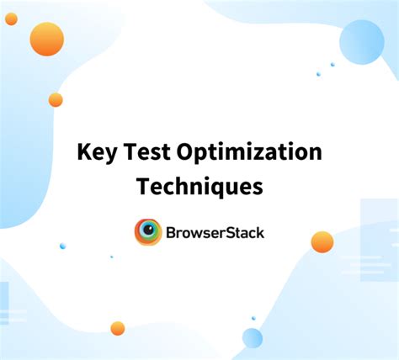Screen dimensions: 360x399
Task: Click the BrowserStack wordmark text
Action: click(215, 231)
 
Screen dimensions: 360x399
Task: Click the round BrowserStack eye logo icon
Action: click(148, 231)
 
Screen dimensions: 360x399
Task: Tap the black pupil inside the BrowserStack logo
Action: click(149, 230)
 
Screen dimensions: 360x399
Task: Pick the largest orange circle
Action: click(46, 39)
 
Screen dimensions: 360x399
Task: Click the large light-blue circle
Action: click(361, 42)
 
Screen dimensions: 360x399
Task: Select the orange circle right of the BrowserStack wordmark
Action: click(322, 241)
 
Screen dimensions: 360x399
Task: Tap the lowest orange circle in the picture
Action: click(118, 328)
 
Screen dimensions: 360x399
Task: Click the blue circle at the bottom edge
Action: click(253, 338)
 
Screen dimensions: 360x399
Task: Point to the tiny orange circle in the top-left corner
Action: click(11, 19)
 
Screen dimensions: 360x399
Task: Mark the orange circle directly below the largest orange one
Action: click(56, 99)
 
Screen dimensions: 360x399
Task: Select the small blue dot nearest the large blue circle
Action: click(332, 64)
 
